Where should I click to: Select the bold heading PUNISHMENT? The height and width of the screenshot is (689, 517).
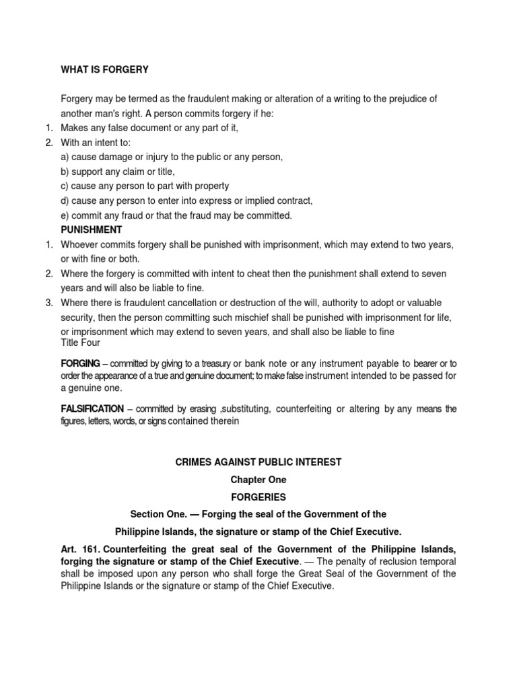(x=92, y=230)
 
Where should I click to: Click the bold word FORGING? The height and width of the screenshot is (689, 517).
(x=81, y=363)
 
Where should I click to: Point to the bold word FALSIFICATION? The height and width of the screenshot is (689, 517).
(x=92, y=408)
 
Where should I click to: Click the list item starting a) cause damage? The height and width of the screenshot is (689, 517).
(x=172, y=157)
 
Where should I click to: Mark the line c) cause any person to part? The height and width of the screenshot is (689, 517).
(x=145, y=186)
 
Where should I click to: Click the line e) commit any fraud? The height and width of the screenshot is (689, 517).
(x=176, y=216)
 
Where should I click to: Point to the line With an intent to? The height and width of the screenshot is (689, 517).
(x=96, y=142)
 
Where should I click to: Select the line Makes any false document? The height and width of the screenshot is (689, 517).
(x=149, y=127)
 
